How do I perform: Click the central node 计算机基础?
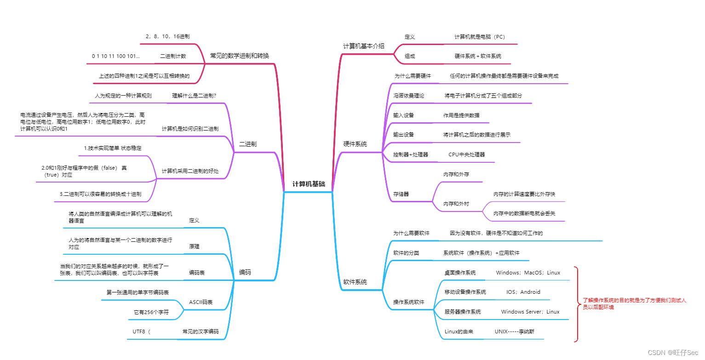[309, 184]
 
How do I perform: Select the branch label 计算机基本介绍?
[363, 46]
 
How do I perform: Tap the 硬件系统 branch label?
[355, 144]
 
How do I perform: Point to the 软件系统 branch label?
[355, 282]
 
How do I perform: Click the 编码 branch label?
[245, 272]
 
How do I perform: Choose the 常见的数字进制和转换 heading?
[239, 56]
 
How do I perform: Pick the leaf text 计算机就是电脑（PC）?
[480, 37]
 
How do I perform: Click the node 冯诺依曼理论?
[408, 96]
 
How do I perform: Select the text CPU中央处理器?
[466, 154]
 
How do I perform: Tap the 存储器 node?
[401, 194]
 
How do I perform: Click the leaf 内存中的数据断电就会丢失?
[524, 213]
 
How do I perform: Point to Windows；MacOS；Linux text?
[528, 273]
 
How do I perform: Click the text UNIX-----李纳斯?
[514, 331]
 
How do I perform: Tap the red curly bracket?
[576, 304]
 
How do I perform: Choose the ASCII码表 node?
[201, 302]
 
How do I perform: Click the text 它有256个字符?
[151, 312]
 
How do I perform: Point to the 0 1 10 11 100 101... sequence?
[116, 56]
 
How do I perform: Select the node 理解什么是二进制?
[194, 96]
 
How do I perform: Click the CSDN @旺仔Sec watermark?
[673, 352]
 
